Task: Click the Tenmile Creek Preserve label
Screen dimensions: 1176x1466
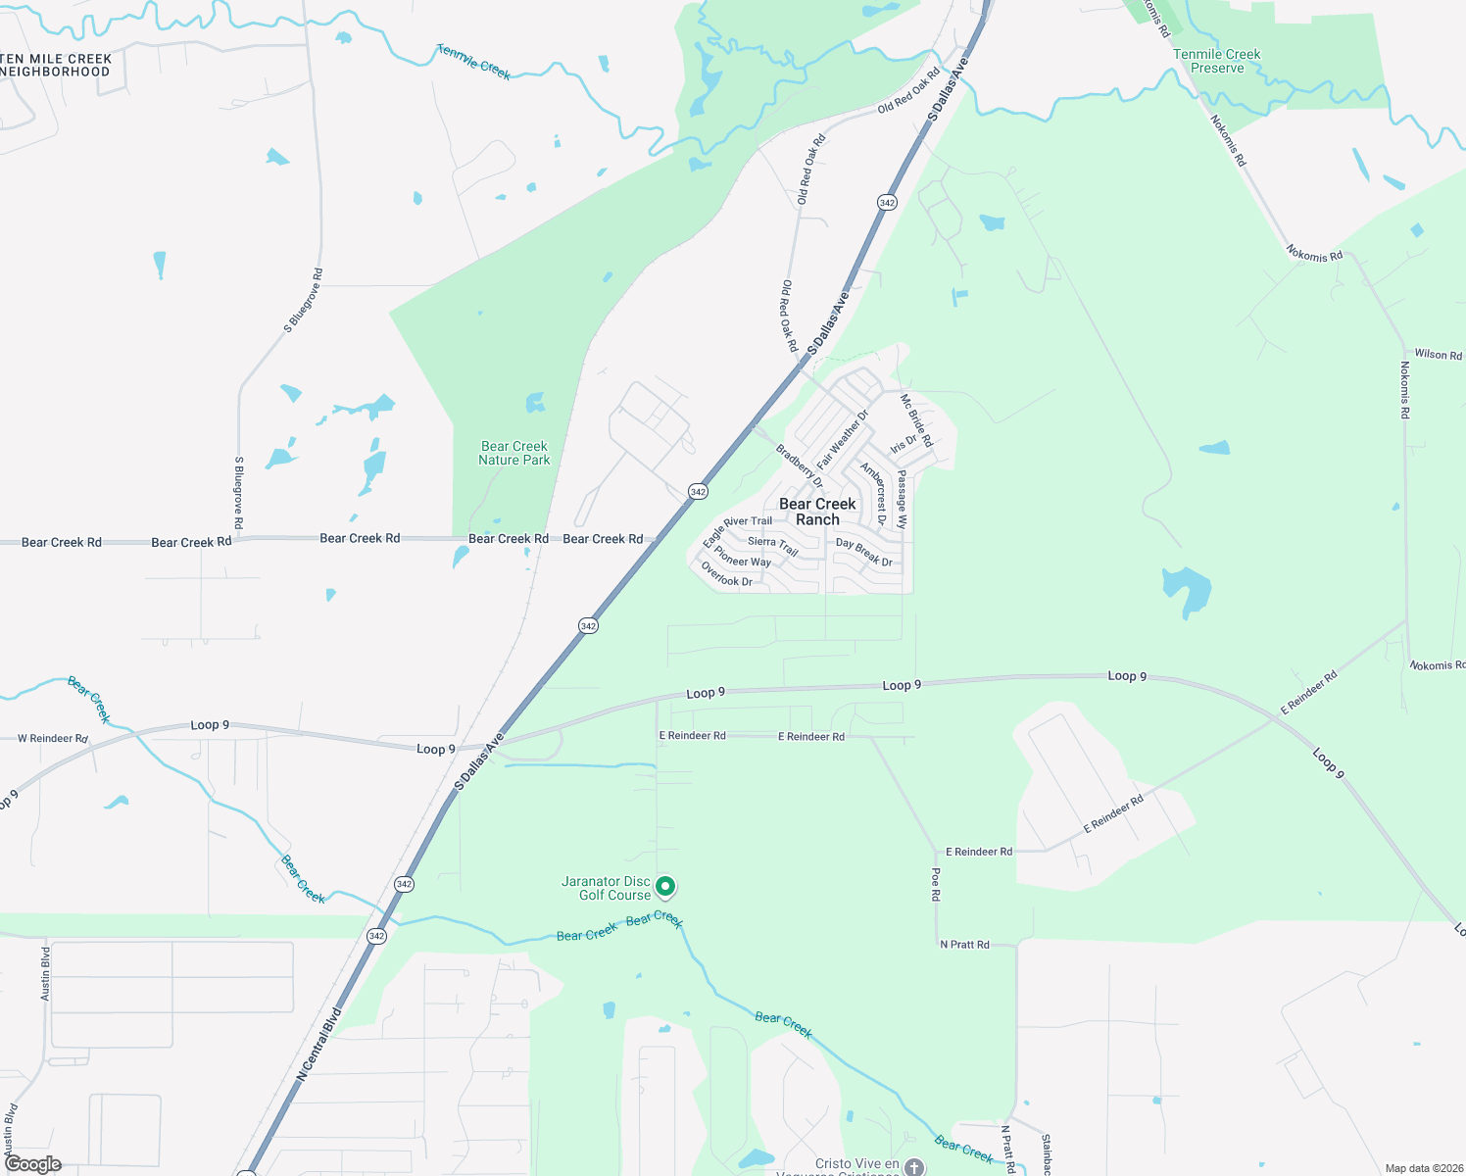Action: tap(1216, 62)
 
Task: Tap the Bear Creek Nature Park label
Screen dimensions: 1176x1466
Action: tap(513, 453)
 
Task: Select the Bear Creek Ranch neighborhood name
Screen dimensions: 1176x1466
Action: tap(817, 512)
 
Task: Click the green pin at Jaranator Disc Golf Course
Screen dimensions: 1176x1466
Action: tap(665, 887)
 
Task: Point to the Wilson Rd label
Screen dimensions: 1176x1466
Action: tap(1438, 355)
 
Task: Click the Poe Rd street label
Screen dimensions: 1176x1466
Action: tap(936, 884)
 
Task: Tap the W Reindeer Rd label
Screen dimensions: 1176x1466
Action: tap(53, 739)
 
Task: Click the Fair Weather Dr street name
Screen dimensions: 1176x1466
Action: tap(843, 438)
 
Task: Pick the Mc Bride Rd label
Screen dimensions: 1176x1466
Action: tap(916, 420)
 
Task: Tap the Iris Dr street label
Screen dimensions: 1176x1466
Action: tap(903, 444)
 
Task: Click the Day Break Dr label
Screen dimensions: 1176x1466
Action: tap(863, 553)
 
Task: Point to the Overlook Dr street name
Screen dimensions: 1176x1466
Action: tap(726, 575)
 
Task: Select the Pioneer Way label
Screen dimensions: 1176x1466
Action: tap(742, 557)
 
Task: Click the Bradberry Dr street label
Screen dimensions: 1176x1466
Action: tap(799, 465)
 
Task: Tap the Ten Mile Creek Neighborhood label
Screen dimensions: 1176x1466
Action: tap(57, 65)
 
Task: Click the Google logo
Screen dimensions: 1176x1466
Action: tap(33, 1164)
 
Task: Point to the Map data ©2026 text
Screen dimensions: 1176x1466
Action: tap(1422, 1168)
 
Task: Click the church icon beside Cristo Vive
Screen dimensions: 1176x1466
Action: tap(914, 1167)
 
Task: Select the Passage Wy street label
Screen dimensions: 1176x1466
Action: tap(903, 501)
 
